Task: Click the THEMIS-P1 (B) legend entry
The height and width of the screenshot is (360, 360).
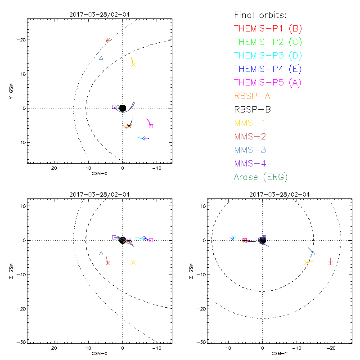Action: coord(268,28)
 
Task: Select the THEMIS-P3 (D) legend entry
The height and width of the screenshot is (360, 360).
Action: coord(268,55)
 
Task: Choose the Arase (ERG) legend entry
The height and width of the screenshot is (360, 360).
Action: coord(261,177)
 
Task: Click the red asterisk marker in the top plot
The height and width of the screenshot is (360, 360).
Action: coord(108,40)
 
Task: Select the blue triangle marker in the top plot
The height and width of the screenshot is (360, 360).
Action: coord(101,58)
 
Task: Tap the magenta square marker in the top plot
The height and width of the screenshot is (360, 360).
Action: coord(151,126)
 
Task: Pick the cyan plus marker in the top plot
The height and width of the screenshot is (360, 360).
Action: coord(137,137)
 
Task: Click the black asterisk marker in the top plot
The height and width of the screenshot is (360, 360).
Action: coord(129,126)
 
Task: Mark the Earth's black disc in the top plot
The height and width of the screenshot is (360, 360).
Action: coord(122,108)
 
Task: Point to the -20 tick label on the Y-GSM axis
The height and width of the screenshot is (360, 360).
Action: coord(20,40)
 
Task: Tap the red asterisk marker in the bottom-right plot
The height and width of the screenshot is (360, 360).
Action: coord(331,263)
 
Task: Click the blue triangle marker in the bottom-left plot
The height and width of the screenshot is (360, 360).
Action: coord(101,253)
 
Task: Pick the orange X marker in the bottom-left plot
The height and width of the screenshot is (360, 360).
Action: coord(133,262)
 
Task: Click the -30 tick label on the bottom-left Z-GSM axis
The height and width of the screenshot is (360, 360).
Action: coord(20,342)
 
